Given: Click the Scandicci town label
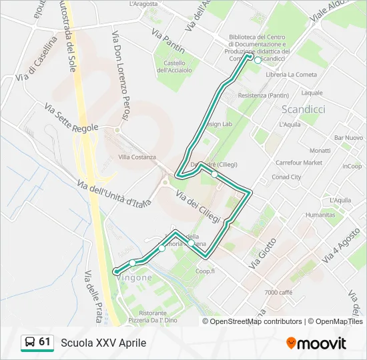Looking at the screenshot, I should coord(304,109).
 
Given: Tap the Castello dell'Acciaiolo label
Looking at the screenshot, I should coord(174,66).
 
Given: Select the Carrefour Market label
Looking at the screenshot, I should coord(299,162).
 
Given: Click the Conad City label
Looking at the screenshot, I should coord(287,177).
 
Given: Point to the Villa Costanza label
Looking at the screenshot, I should coord(137,157).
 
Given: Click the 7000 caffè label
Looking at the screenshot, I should coord(278,293).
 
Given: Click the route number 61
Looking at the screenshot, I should coord(45,342).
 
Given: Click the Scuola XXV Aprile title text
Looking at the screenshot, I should coord(103,343).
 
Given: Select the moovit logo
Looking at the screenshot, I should coord(316,343).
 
